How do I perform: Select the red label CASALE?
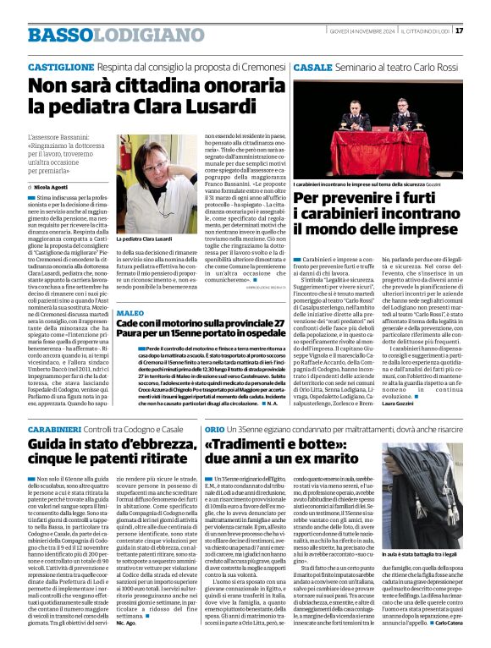click(x=312, y=66)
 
